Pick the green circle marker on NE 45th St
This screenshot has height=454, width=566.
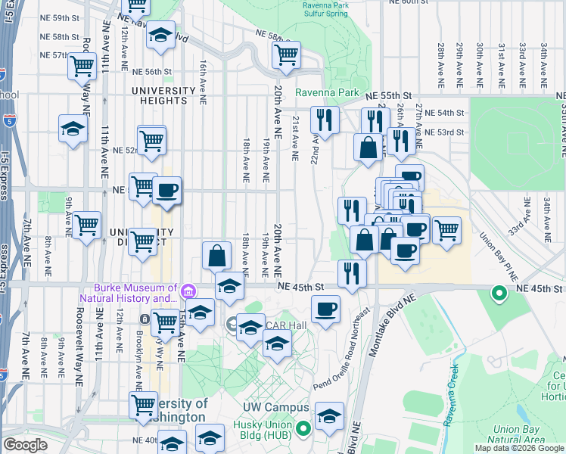point(499,293)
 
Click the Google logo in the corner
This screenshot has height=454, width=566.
point(25,445)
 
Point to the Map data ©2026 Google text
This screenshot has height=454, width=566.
point(519,448)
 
